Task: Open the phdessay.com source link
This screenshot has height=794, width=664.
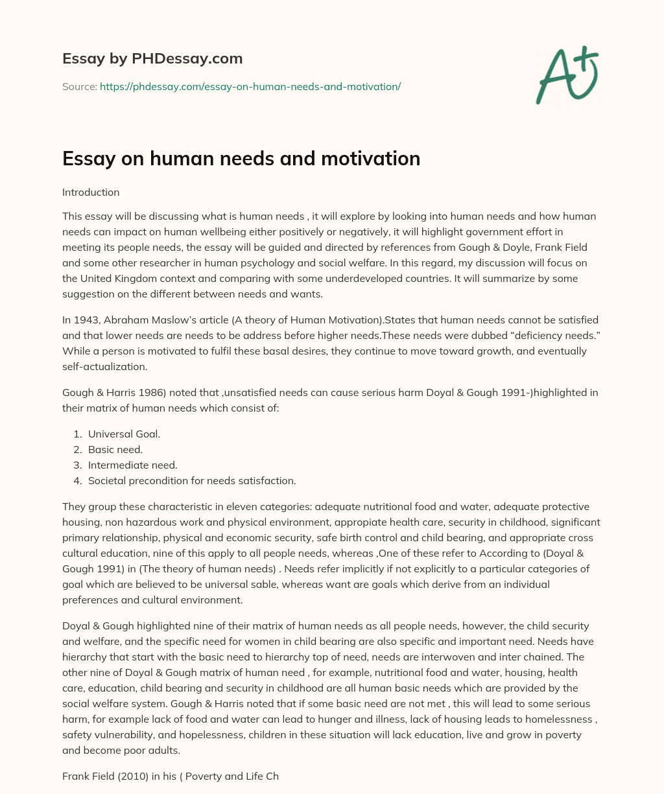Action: click(x=250, y=86)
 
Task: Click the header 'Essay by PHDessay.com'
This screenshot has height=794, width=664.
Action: click(x=152, y=59)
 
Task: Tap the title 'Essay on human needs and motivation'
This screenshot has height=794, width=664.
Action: click(x=241, y=158)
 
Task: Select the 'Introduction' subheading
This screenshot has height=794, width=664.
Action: click(x=91, y=193)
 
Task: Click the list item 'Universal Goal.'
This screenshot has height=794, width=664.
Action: click(x=124, y=434)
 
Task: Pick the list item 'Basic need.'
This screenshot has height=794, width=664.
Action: click(x=115, y=450)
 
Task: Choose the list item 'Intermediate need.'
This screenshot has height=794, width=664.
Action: click(x=132, y=465)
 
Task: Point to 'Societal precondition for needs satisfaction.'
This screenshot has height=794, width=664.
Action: click(x=192, y=481)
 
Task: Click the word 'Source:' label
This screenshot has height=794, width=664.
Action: click(x=80, y=86)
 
